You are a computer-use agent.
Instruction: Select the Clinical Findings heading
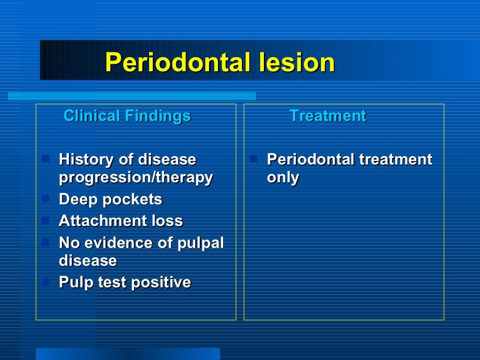[127, 116]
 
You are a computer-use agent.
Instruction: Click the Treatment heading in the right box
[328, 116]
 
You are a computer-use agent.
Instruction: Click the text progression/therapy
[136, 178]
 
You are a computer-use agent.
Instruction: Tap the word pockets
[132, 200]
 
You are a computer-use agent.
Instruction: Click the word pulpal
[201, 243]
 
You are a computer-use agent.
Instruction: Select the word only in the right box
[283, 178]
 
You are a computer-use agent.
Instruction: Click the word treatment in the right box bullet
[395, 160]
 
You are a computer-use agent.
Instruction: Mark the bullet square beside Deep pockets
[45, 198]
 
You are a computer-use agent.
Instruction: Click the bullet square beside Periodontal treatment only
[254, 158]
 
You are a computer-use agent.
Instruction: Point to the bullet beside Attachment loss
[45, 219]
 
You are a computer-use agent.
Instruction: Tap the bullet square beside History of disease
[45, 158]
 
